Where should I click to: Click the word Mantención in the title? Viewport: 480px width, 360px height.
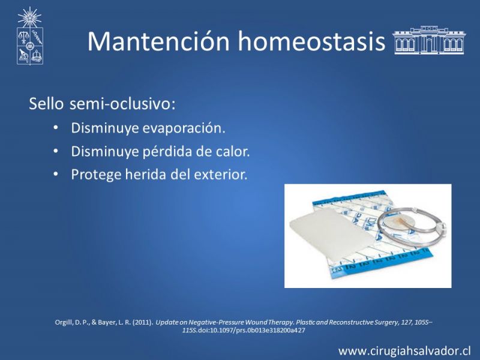pyautogui.click(x=158, y=41)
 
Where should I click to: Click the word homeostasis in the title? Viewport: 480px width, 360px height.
pyautogui.click(x=311, y=41)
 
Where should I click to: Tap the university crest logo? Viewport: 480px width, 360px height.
pyautogui.click(x=29, y=36)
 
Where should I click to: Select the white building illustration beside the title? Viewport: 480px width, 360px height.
pyautogui.click(x=429, y=40)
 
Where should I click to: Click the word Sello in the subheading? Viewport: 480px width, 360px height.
pyautogui.click(x=46, y=104)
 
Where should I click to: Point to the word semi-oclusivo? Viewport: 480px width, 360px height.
pyautogui.click(x=122, y=104)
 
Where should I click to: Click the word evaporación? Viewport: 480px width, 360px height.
pyautogui.click(x=184, y=128)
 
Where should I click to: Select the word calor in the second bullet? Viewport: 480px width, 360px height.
pyautogui.click(x=232, y=151)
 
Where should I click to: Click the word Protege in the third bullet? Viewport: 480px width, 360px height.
pyautogui.click(x=96, y=175)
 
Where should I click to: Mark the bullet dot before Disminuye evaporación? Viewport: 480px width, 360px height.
pyautogui.click(x=55, y=127)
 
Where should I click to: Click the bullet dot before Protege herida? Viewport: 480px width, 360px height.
pyautogui.click(x=55, y=174)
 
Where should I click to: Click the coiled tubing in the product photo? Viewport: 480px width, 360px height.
pyautogui.click(x=411, y=227)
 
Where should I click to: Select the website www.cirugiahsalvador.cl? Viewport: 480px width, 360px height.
pyautogui.click(x=404, y=350)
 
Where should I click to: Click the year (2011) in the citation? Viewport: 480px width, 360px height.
pyautogui.click(x=142, y=322)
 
